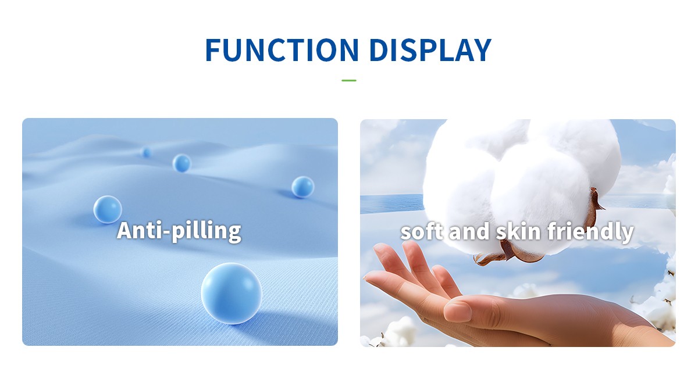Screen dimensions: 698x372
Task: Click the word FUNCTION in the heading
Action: click(282, 50)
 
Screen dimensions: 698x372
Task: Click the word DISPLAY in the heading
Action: click(430, 50)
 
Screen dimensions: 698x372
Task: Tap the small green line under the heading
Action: click(348, 80)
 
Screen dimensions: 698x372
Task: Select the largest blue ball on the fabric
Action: click(232, 294)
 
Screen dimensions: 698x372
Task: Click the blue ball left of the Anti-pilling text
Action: click(108, 209)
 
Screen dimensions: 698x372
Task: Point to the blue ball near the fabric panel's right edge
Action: click(302, 187)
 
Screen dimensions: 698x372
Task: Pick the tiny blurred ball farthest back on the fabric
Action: click(146, 152)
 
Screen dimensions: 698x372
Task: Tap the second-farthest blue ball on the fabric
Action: click(181, 163)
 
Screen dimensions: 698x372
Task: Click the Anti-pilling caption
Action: click(179, 231)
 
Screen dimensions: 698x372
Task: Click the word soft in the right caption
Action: click(422, 231)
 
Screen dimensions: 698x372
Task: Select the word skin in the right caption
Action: click(518, 231)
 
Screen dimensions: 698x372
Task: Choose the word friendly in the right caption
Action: click(590, 232)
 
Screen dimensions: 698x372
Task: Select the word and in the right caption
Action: click(469, 231)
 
